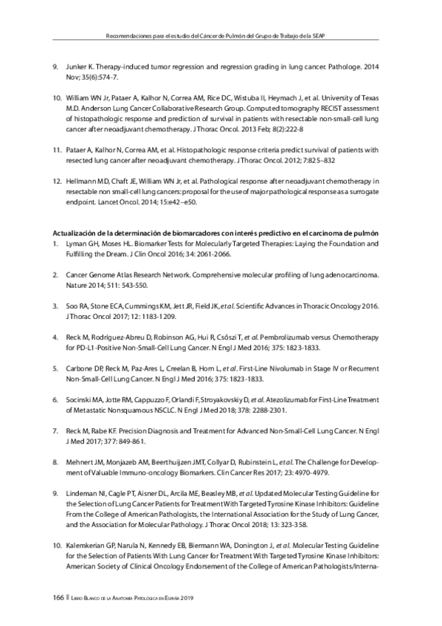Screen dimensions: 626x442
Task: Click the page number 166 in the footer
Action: (58, 596)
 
